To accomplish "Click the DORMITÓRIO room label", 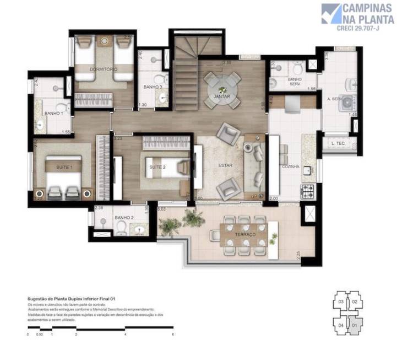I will tap(104, 69).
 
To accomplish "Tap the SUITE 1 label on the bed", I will tap(64, 165).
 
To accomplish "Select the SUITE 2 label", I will tap(157, 166).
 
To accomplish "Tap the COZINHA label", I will tap(290, 166).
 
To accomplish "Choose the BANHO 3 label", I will tap(153, 87).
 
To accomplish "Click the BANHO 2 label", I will tap(124, 218).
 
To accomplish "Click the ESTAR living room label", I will tap(225, 165).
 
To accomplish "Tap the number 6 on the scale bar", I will tap(173, 335).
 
